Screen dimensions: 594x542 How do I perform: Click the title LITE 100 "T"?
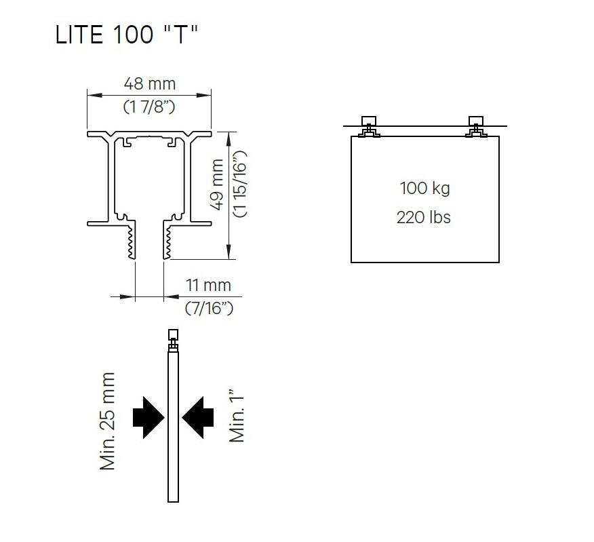(127, 35)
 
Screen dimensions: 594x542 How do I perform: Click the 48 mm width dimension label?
(150, 83)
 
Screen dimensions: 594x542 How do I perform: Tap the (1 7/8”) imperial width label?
(149, 107)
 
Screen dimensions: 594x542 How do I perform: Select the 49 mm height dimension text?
(217, 185)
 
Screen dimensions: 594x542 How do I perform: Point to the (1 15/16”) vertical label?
(241, 184)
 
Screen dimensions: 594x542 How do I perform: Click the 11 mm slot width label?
(208, 285)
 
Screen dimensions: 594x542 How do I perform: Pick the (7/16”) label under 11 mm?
(209, 308)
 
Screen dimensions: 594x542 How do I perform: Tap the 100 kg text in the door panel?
(424, 189)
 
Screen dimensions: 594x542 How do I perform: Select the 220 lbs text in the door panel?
(424, 218)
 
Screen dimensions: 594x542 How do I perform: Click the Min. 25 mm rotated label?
(107, 421)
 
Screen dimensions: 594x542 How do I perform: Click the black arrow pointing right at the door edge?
(148, 418)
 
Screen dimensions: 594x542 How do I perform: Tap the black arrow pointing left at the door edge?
(198, 418)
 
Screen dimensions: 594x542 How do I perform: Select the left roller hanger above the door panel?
(369, 127)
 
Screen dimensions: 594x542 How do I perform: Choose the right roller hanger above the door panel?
(476, 127)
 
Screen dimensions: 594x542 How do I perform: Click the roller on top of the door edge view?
(173, 341)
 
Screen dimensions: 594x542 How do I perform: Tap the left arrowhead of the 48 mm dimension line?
(95, 96)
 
